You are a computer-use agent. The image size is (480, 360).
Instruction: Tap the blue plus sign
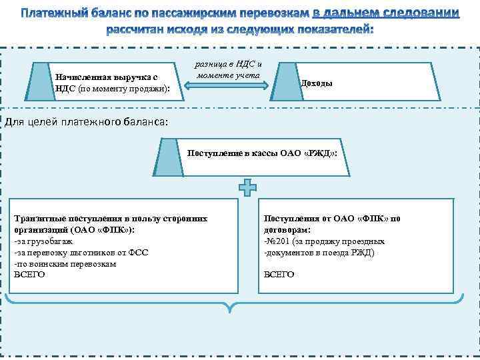[x=247, y=189]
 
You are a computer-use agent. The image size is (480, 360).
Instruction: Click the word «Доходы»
[x=317, y=83]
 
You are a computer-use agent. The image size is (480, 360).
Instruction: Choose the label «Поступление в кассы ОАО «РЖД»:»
[x=262, y=153]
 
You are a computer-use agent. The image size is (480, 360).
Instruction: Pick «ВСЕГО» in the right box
[x=279, y=274]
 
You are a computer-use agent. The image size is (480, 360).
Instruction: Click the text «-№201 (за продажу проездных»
[x=324, y=241]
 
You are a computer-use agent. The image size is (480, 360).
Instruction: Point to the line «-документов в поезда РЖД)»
[x=319, y=253]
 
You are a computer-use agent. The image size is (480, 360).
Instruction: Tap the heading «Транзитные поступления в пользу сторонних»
[x=111, y=219]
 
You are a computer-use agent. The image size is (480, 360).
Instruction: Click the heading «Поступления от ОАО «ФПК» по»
[x=332, y=219]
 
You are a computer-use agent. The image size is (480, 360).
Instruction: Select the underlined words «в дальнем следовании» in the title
[x=386, y=13]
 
